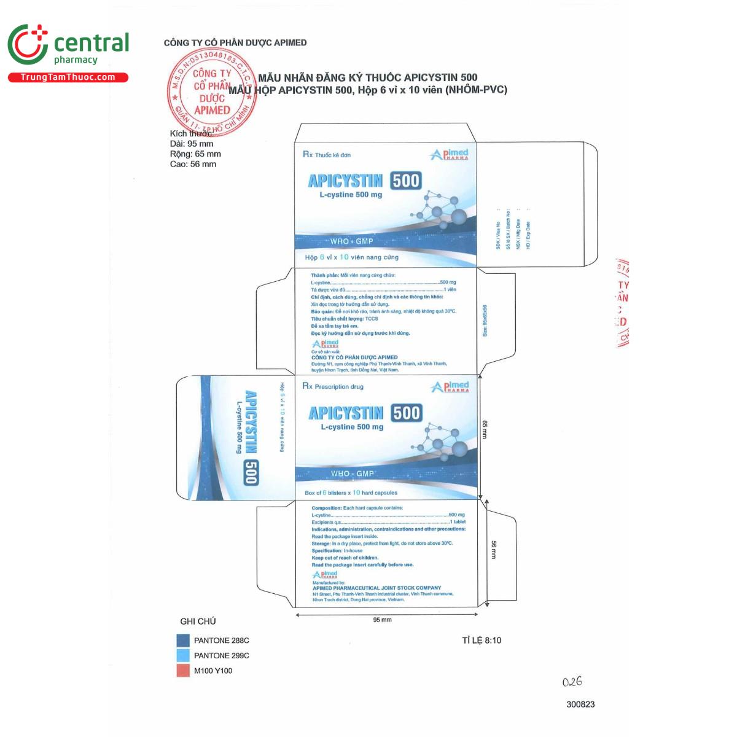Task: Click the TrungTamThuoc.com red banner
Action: [x=68, y=77]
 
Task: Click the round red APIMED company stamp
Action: [x=211, y=92]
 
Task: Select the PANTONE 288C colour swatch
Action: [x=183, y=641]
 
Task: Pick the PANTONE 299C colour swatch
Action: [x=183, y=655]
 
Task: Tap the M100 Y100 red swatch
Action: [x=183, y=671]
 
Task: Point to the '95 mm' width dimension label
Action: [x=382, y=620]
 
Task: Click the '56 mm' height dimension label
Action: [x=493, y=549]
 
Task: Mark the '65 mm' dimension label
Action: [x=485, y=429]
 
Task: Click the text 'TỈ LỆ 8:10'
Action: [x=482, y=640]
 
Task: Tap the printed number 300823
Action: [x=580, y=704]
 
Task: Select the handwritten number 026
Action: [x=572, y=682]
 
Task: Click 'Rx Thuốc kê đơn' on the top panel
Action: [x=327, y=155]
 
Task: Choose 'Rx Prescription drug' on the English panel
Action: [x=333, y=386]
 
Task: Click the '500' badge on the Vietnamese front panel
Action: [x=406, y=181]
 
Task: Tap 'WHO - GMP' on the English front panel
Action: [x=353, y=474]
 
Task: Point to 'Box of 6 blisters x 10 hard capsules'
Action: [x=351, y=493]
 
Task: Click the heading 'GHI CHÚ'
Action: [x=198, y=621]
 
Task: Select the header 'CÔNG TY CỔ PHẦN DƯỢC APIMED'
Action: [x=235, y=42]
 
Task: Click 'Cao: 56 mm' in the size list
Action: [x=193, y=164]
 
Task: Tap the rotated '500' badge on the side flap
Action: [x=250, y=472]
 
